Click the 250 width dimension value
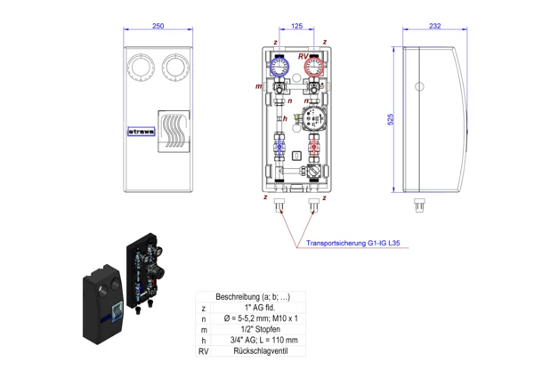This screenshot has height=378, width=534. point(158,27)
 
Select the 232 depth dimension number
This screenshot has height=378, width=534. point(434,27)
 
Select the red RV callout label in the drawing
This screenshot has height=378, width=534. point(303,56)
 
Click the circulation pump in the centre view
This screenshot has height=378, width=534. point(315,119)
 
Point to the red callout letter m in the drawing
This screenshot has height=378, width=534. point(259,86)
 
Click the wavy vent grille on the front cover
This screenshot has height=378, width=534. point(174,133)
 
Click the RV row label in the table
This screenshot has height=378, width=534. point(204,351)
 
